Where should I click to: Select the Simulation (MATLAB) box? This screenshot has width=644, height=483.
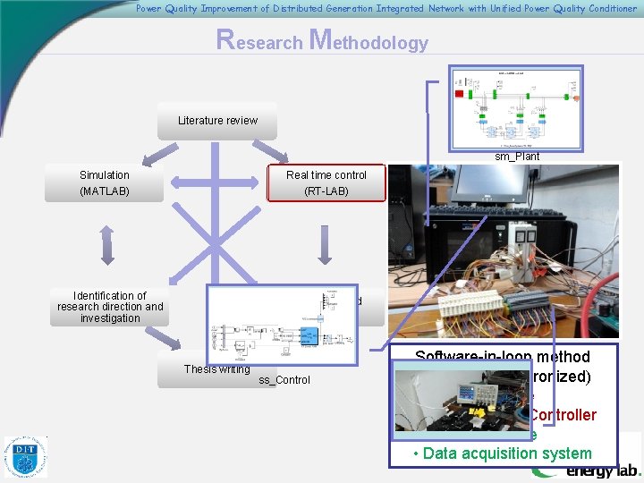pyautogui.click(x=105, y=183)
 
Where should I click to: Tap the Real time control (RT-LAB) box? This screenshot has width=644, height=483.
pyautogui.click(x=326, y=183)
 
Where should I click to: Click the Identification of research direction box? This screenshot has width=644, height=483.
pyautogui.click(x=110, y=307)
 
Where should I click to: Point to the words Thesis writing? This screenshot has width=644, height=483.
pyautogui.click(x=216, y=369)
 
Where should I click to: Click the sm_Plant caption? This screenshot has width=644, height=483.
pyautogui.click(x=518, y=156)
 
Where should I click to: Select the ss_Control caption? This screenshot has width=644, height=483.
pyautogui.click(x=284, y=380)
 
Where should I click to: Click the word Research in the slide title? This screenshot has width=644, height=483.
pyautogui.click(x=260, y=41)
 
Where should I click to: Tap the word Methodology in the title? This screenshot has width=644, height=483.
pyautogui.click(x=369, y=41)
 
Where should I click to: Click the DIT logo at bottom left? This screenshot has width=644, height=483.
pyautogui.click(x=26, y=456)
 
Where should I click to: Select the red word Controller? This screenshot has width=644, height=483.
pyautogui.click(x=563, y=414)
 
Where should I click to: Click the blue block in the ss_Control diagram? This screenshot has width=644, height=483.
pyautogui.click(x=309, y=335)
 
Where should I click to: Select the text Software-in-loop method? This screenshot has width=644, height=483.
pyautogui.click(x=502, y=357)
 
